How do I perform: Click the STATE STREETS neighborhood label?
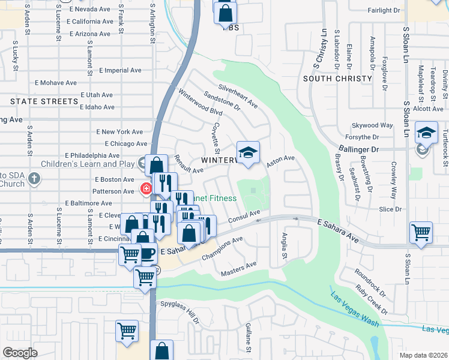(x=44, y=101)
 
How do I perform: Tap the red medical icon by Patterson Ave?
(x=145, y=190)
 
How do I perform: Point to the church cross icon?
(x=35, y=178)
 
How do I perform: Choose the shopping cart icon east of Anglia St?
(x=421, y=233)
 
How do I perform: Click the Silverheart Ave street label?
(x=238, y=96)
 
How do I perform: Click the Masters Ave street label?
(x=238, y=269)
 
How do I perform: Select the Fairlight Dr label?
(x=384, y=10)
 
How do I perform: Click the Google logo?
(x=20, y=353)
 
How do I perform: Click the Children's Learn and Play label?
(x=87, y=164)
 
